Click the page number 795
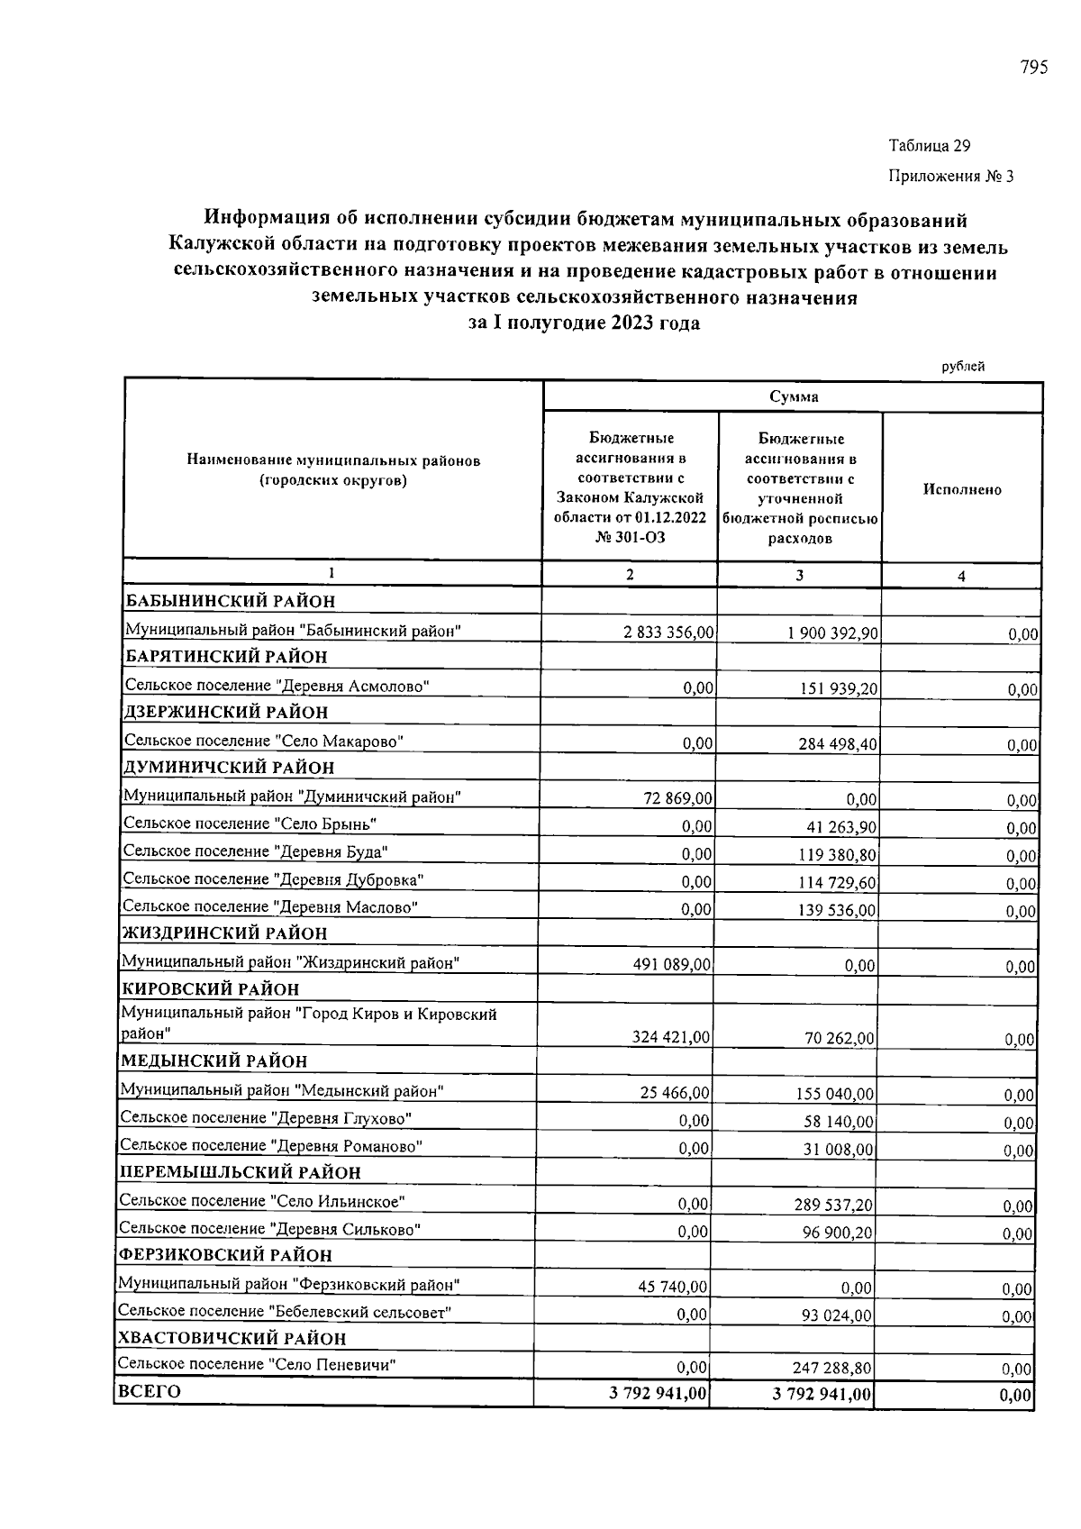(x=1033, y=68)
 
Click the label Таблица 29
(x=929, y=146)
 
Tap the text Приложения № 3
(x=950, y=177)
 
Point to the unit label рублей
(x=963, y=367)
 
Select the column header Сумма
(x=794, y=397)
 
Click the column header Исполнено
(x=962, y=489)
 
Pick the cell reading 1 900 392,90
(x=831, y=633)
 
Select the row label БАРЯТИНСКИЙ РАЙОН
(x=226, y=657)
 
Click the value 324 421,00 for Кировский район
(x=671, y=1038)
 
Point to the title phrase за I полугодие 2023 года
(x=584, y=323)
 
